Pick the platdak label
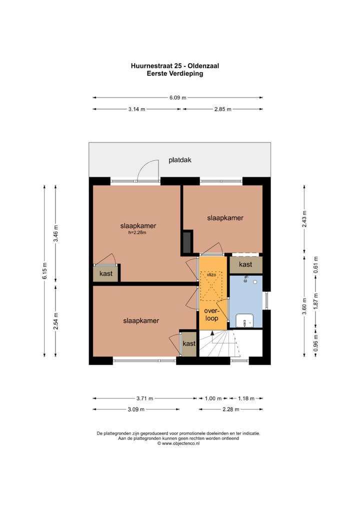180,160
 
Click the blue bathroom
246,300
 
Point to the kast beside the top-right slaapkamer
245,264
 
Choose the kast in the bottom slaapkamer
188,343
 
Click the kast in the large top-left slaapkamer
106,273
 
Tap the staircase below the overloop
220,344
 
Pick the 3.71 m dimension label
145,398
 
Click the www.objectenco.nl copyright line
178,443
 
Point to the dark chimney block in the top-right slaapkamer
187,241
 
